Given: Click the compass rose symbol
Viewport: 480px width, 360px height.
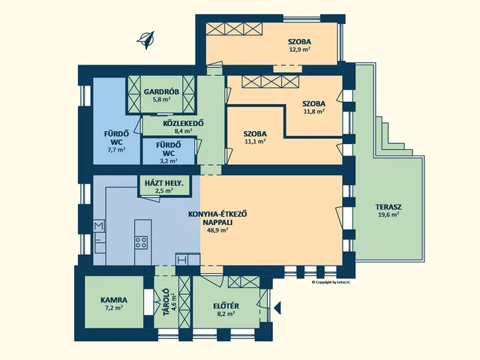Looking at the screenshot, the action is [x=145, y=40].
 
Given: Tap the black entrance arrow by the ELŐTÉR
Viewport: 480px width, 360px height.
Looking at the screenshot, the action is [x=277, y=307].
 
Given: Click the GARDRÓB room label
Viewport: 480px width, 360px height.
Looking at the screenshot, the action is [x=161, y=91].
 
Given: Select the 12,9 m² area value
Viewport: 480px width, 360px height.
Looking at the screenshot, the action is [x=300, y=49].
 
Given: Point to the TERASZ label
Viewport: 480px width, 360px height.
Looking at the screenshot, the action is [x=388, y=207].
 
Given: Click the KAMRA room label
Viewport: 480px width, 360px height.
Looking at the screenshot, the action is [x=114, y=300].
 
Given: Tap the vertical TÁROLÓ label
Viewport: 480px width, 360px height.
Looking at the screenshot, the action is [x=165, y=302].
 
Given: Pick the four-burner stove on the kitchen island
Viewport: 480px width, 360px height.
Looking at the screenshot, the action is [x=141, y=242].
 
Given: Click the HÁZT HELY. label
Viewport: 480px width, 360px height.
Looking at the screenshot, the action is [x=164, y=183].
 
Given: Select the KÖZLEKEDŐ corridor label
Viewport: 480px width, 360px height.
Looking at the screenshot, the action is [x=183, y=123].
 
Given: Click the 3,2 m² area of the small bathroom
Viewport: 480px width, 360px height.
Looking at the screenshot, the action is [x=169, y=160].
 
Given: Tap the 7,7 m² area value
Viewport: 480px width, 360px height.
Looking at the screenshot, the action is [x=116, y=150].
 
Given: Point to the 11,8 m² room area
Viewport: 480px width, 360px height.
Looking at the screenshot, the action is [x=314, y=112].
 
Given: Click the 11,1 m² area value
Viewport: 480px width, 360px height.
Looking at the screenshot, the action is [x=255, y=142].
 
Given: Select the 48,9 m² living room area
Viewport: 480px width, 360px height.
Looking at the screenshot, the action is [x=217, y=230].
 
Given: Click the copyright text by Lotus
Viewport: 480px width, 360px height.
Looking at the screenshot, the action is [x=331, y=282].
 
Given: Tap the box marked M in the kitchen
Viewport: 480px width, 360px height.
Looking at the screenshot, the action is [x=99, y=226].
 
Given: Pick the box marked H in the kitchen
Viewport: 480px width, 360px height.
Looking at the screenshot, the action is [x=181, y=260].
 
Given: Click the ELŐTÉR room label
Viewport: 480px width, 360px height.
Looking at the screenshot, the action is [x=226, y=306].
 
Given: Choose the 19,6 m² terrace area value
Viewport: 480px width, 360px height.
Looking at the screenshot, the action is [x=388, y=214].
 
